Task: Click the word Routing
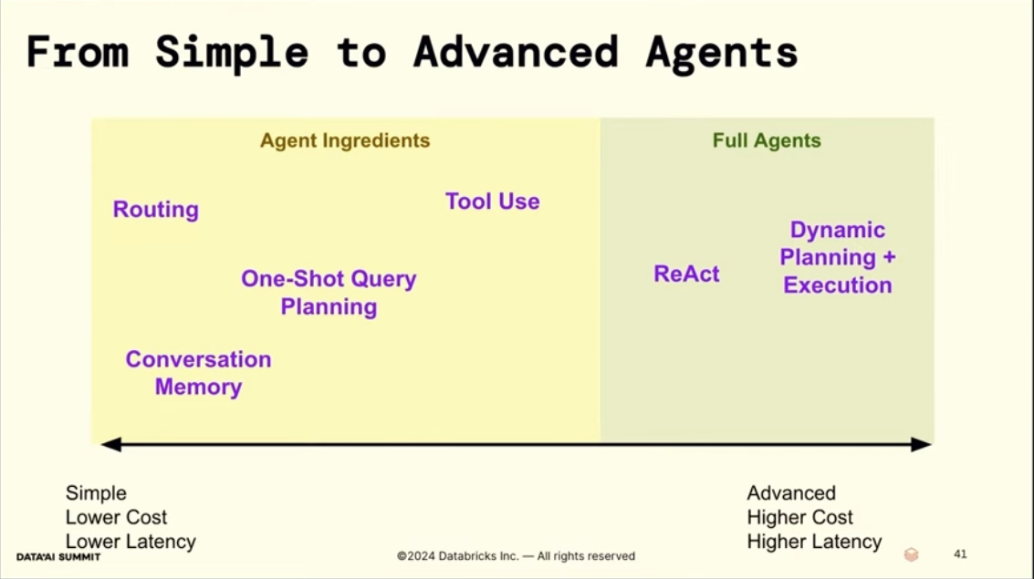pos(156,210)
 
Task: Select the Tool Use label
pos(493,201)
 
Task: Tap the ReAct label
pos(686,274)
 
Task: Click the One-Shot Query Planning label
pos(329,293)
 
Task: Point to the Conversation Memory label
pos(198,373)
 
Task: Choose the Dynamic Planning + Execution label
pos(838,257)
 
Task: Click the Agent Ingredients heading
pos(345,140)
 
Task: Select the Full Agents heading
pos(767,140)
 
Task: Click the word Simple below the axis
pos(96,493)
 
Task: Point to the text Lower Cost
pos(116,517)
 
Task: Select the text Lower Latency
pos(131,542)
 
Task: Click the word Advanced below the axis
pos(791,492)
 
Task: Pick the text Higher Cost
pos(799,517)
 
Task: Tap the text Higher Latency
pos(814,542)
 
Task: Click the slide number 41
pos(960,554)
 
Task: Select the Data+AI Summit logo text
pos(58,556)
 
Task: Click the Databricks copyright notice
pos(516,556)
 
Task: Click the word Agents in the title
pos(722,54)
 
